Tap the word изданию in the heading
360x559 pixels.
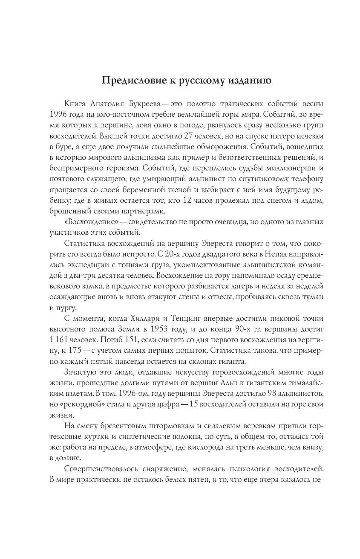pos(246,81)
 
